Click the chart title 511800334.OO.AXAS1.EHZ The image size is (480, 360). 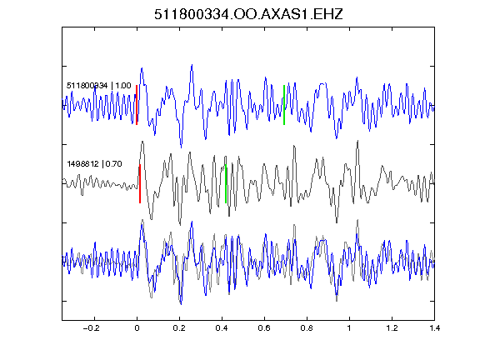248,14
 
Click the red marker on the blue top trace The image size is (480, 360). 137,105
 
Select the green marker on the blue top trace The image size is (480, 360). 284,105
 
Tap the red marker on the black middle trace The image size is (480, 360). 140,183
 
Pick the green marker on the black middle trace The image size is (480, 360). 226,183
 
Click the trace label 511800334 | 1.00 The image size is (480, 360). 99,85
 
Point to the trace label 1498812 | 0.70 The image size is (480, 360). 95,164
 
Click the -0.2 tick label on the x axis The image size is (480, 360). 91,328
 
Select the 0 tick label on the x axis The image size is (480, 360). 137,328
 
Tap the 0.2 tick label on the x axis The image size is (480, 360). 179,328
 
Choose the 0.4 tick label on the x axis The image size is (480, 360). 222,328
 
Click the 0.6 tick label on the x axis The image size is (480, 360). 264,328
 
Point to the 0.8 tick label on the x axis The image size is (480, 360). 307,328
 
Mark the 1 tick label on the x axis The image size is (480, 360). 349,328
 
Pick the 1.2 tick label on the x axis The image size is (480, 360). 392,328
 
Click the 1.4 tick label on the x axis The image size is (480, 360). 434,328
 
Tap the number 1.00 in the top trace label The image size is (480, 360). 123,85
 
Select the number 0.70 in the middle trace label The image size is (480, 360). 114,164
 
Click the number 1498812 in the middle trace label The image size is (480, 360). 83,164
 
